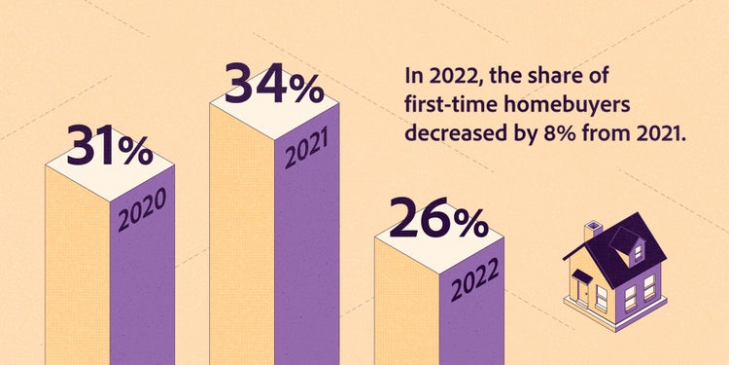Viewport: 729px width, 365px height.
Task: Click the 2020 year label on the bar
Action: tap(142, 209)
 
